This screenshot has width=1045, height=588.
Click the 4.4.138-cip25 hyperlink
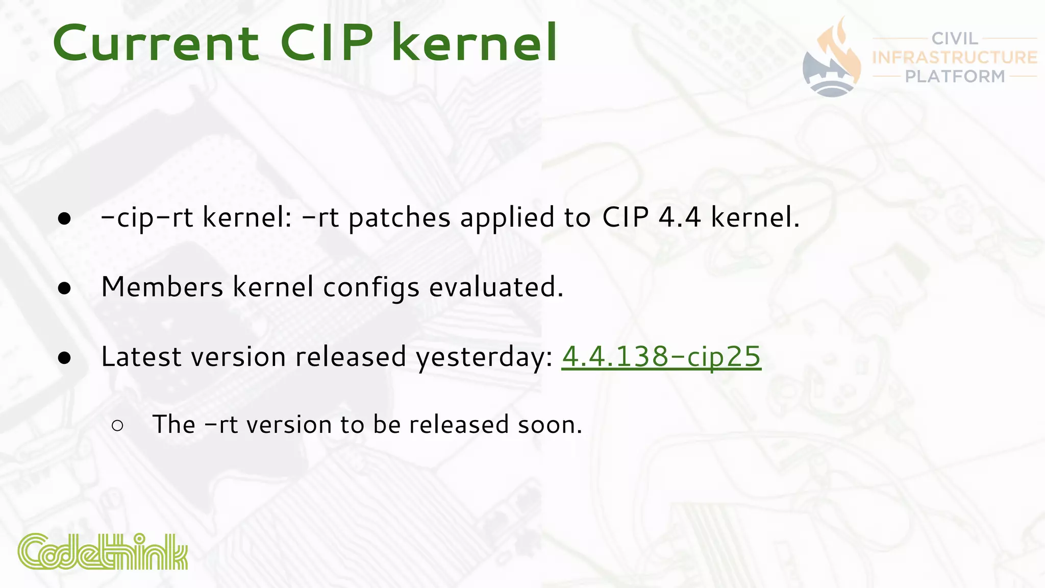click(x=661, y=356)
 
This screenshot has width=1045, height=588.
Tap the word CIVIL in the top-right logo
click(x=955, y=39)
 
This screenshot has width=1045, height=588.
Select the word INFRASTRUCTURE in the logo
click(x=955, y=57)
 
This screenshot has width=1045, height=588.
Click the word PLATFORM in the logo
click(x=955, y=76)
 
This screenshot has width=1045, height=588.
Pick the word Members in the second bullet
click(x=162, y=287)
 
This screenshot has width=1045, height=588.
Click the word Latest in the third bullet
click(x=141, y=356)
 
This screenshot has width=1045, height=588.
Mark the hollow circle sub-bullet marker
click(x=117, y=426)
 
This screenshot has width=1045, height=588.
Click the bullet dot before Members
click(x=64, y=288)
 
